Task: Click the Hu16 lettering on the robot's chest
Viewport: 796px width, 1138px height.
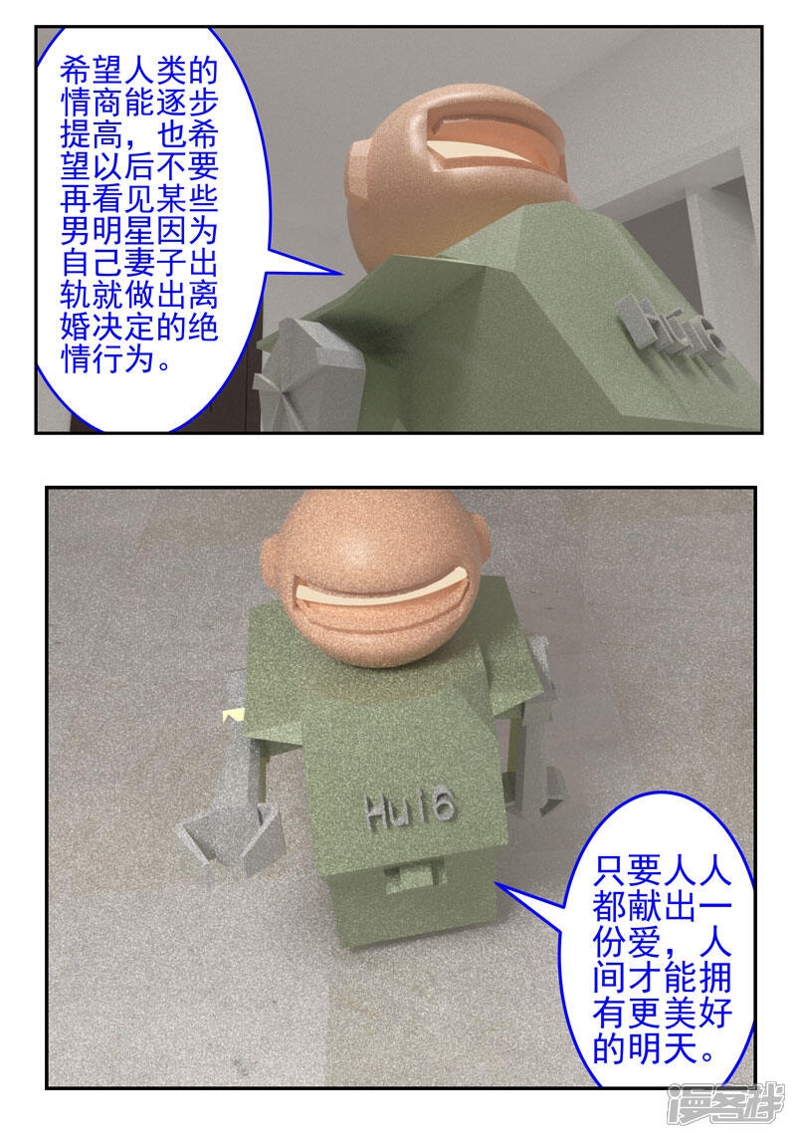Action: tap(410, 809)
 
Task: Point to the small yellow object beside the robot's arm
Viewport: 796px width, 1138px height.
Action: tap(234, 714)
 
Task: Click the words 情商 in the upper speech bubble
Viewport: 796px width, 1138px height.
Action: tap(92, 104)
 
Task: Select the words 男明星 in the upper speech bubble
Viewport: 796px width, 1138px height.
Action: tap(107, 232)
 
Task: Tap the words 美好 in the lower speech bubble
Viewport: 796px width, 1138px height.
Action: tap(697, 1014)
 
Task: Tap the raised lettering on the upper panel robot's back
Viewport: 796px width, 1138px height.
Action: tap(672, 334)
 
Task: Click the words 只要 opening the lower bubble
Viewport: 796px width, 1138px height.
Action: tap(627, 869)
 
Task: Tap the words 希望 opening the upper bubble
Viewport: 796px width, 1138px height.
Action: tap(92, 72)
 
